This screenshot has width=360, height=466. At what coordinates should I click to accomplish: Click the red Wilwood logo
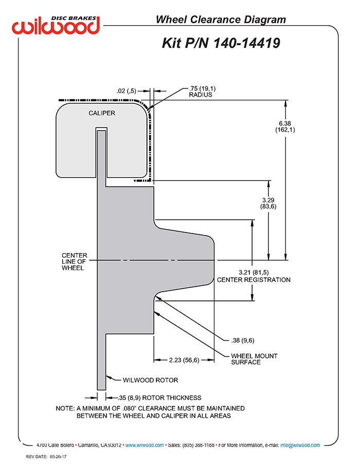coord(56,26)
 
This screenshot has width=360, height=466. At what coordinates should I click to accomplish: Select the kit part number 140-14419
coord(247,43)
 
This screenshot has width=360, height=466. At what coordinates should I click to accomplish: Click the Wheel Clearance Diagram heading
coord(221,20)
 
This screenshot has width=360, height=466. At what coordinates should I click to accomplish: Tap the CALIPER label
coord(102,113)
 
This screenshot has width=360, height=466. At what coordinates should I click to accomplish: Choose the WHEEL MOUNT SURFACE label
coord(254,359)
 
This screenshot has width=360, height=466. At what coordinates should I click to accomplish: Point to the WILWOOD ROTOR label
coord(150,380)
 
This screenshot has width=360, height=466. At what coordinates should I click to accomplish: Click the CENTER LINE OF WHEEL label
coord(75,261)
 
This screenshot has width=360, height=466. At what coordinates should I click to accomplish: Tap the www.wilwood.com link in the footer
coord(145,445)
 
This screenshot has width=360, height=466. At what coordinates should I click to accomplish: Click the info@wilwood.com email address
coord(300,445)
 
